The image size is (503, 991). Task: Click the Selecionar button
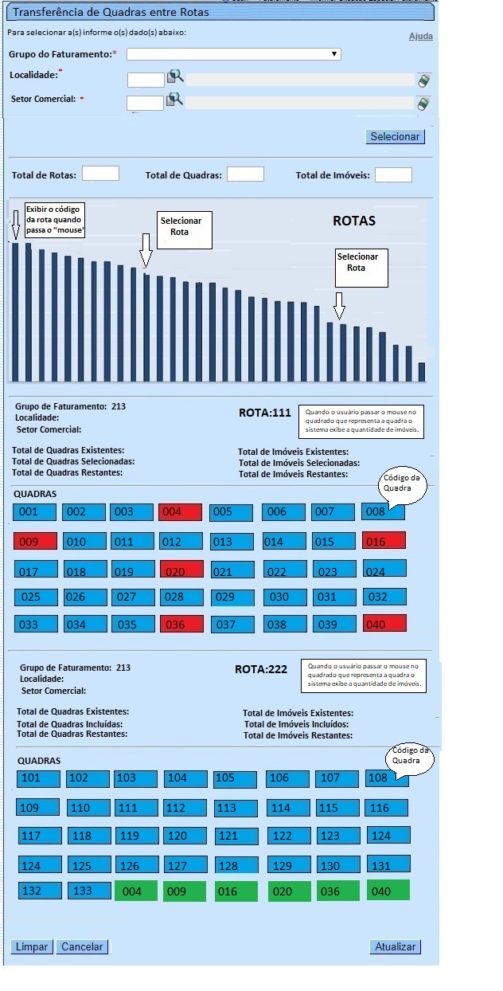point(395,136)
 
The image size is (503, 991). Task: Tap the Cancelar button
point(82,946)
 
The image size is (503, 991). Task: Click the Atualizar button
point(395,946)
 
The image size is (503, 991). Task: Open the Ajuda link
point(420,37)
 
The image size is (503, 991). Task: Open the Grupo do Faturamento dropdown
point(233,54)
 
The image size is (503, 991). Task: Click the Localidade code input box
point(145,79)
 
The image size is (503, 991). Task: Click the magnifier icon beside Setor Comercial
point(174,100)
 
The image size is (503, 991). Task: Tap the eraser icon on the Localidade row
point(423,80)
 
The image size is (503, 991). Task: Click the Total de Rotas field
point(100,174)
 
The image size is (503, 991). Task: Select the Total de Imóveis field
point(393,174)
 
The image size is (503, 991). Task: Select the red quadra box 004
point(181,512)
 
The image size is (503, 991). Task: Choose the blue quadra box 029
point(232,597)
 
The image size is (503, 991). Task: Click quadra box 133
point(89,891)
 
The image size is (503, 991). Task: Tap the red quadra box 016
point(384,541)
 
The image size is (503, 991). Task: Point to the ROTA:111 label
point(264,413)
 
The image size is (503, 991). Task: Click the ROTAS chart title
point(353,221)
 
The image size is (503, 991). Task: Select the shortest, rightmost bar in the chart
point(422,371)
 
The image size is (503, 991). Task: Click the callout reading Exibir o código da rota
point(55,219)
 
